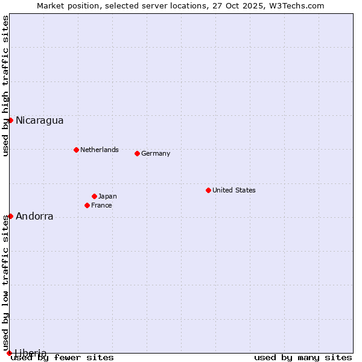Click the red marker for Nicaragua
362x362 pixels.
pyautogui.click(x=10, y=120)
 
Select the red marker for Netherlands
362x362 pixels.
pyautogui.click(x=76, y=150)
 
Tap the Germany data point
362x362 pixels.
pyautogui.click(x=137, y=153)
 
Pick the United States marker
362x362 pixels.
pyautogui.click(x=208, y=190)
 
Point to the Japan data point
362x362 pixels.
pyautogui.click(x=94, y=196)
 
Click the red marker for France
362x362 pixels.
pyautogui.click(x=87, y=205)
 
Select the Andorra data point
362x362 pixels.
pyautogui.click(x=10, y=216)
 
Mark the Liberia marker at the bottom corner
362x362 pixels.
pyautogui.click(x=9, y=353)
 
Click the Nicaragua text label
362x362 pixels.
pyautogui.click(x=39, y=120)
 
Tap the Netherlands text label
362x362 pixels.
pyautogui.click(x=99, y=150)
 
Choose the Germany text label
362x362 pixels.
pyautogui.click(x=156, y=153)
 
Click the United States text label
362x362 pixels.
pyautogui.click(x=233, y=190)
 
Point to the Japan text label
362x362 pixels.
pyautogui.click(x=107, y=196)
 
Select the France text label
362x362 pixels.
pyautogui.click(x=101, y=205)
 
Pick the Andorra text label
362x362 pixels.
pyautogui.click(x=34, y=216)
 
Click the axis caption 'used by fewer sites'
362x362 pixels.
pyautogui.click(x=62, y=358)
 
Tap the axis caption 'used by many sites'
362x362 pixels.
pyautogui.click(x=303, y=358)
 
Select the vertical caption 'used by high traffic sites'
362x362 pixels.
pyautogui.click(x=5, y=86)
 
